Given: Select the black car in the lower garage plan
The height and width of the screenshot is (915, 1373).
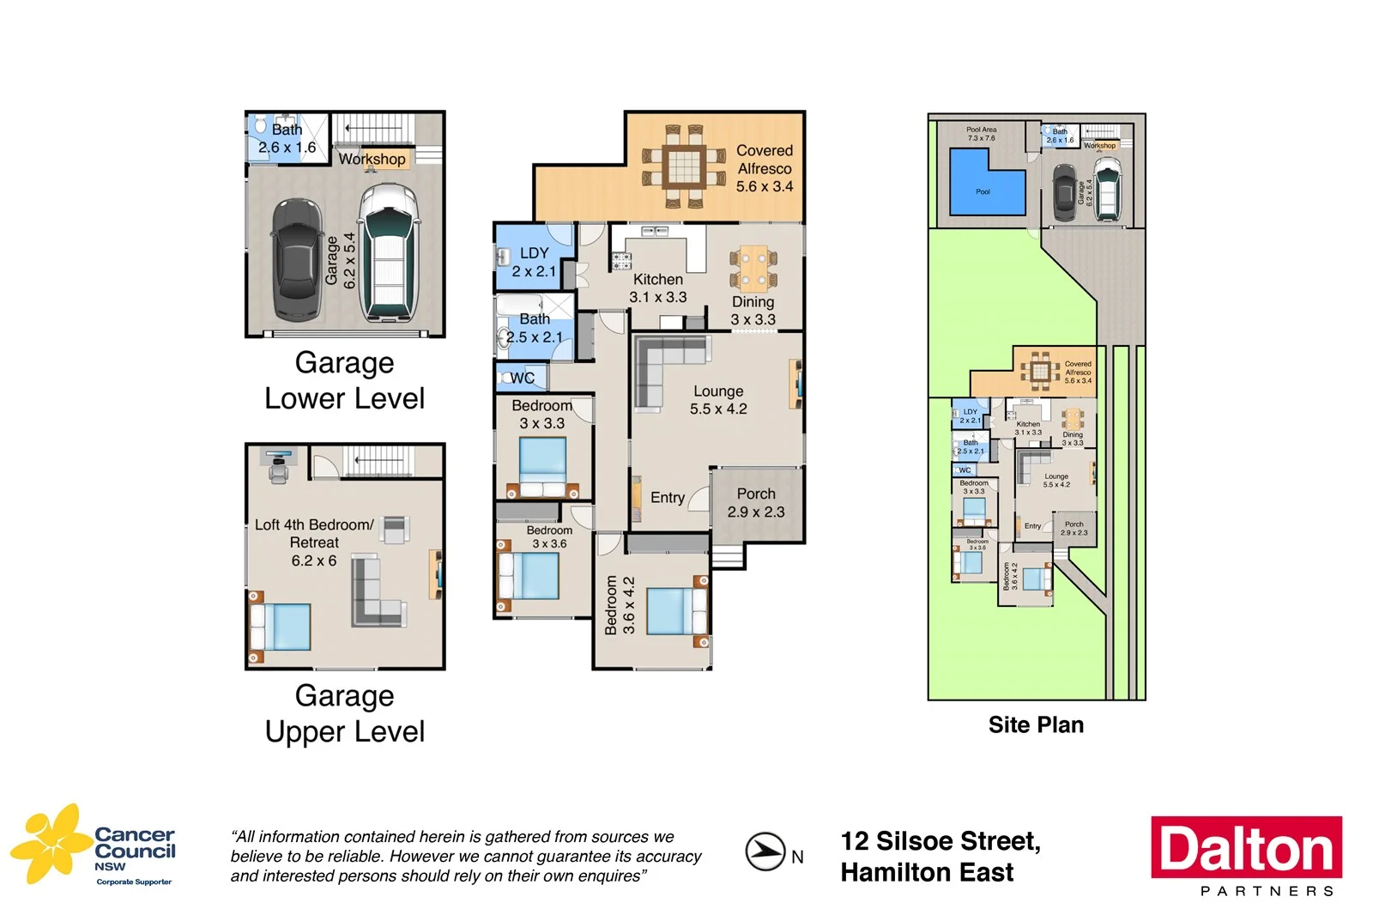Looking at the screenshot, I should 297,258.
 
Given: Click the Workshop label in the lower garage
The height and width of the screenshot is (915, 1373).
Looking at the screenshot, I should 372,159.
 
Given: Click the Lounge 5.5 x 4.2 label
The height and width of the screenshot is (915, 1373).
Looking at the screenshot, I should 718,400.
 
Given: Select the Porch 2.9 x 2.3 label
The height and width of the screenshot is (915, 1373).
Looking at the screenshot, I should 756,503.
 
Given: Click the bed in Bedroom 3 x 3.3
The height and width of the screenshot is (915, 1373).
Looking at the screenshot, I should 542,465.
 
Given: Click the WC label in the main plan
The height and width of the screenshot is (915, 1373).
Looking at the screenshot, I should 522,378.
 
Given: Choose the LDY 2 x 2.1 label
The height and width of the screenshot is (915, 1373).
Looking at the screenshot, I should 534,262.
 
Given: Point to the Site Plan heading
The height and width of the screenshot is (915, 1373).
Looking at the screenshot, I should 1036,725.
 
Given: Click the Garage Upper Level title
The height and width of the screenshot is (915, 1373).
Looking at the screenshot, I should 345,713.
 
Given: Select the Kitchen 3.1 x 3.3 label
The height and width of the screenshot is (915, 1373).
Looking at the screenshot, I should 658,288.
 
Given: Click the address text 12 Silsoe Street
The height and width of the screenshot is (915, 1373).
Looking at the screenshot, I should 941,841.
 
